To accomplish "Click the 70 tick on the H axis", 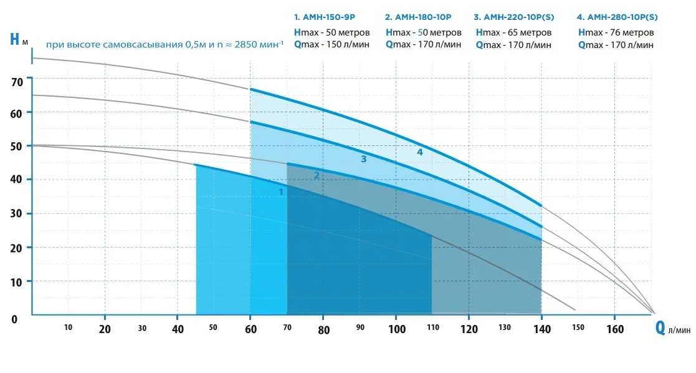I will pyautogui.click(x=17, y=81).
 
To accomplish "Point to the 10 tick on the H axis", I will pyautogui.click(x=17, y=281).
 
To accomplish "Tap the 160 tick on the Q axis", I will pyautogui.click(x=614, y=329).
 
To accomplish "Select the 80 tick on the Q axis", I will pyautogui.click(x=323, y=329).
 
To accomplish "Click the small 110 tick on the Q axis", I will pyautogui.click(x=432, y=327).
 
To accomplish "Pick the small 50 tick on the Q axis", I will pyautogui.click(x=214, y=327).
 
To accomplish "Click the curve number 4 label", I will pyautogui.click(x=420, y=152).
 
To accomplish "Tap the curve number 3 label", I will pyautogui.click(x=363, y=159).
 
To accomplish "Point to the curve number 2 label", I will pyautogui.click(x=317, y=175).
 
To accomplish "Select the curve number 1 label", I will pyautogui.click(x=281, y=192).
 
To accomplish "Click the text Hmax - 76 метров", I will pyautogui.click(x=616, y=32).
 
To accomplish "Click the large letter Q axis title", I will pyautogui.click(x=660, y=328).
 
